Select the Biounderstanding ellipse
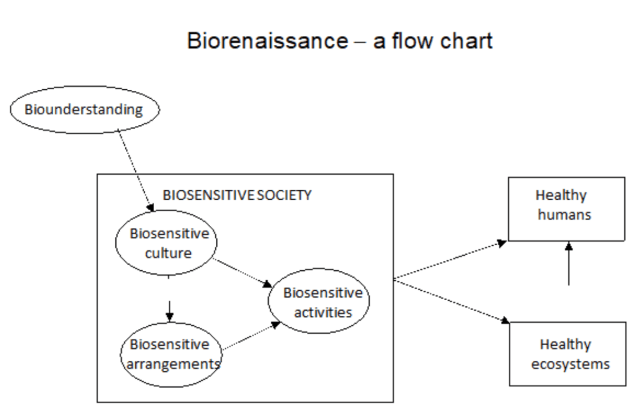point(84,110)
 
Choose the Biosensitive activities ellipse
point(319,302)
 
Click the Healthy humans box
point(566,208)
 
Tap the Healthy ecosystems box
point(568,353)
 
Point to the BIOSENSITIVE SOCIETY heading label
point(236,195)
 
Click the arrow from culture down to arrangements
point(170,307)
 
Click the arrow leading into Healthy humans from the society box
point(449,260)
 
